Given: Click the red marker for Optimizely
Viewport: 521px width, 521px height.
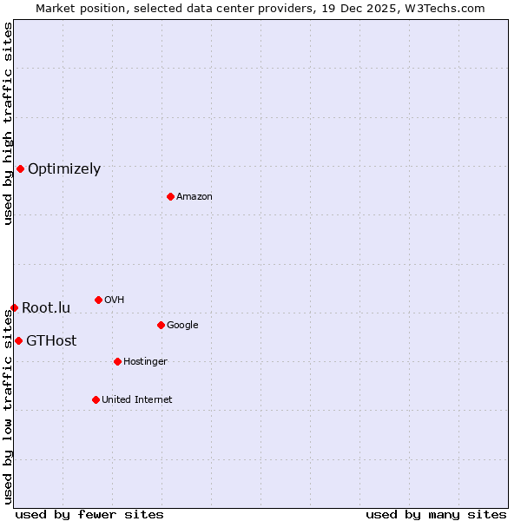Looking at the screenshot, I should (x=20, y=168).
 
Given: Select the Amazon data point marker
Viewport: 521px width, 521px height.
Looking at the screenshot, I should (x=170, y=196).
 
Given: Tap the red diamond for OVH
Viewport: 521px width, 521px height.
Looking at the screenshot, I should (x=98, y=300).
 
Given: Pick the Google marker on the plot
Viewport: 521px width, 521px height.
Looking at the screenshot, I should (x=161, y=325).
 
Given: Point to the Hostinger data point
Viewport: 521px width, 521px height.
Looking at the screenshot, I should (x=117, y=361).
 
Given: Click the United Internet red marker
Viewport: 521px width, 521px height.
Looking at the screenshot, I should (x=96, y=399).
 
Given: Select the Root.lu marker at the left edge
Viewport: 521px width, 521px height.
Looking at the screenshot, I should (x=14, y=307).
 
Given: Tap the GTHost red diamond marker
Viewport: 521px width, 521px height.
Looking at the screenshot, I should (x=18, y=340).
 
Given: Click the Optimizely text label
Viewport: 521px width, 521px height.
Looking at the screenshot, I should (x=64, y=169).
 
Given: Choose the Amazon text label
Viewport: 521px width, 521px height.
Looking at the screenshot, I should (x=195, y=197).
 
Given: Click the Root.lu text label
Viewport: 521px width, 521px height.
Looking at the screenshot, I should (x=46, y=308).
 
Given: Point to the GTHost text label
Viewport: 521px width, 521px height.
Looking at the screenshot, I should (x=51, y=341).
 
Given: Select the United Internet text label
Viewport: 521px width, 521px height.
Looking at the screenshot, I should (x=137, y=400).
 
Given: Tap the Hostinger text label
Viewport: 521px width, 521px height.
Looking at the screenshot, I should (x=145, y=362).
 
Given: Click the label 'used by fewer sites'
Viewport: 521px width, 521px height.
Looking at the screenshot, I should (x=89, y=514).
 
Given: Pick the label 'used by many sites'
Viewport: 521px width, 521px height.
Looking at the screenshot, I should (x=436, y=514).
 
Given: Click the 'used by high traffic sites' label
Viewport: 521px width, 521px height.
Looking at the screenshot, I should (x=8, y=123).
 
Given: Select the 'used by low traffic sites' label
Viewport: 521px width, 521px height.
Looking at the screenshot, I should (x=8, y=399).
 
